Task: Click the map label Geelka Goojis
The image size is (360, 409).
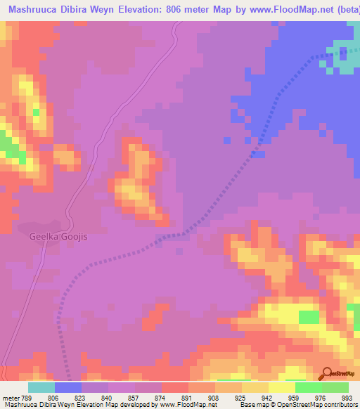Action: click(61, 237)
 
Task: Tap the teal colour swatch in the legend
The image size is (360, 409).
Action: click(41, 387)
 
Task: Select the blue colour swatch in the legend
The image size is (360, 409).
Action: click(68, 387)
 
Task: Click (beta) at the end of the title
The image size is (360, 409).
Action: click(345, 8)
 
